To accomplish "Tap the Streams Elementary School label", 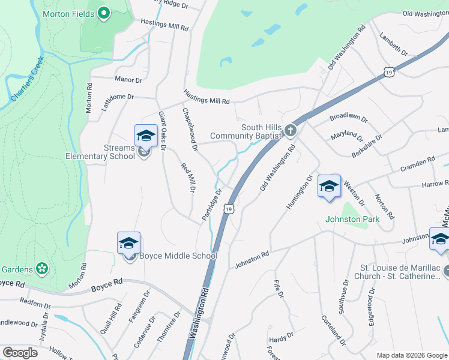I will coord(100,152).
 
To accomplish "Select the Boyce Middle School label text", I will coord(178,256).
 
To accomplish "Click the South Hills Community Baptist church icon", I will coord(291,130).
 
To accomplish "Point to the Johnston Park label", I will coord(352,219).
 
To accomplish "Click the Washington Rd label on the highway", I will coord(201,313).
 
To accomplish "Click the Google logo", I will coord(20,353).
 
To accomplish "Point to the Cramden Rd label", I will coord(418,162).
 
